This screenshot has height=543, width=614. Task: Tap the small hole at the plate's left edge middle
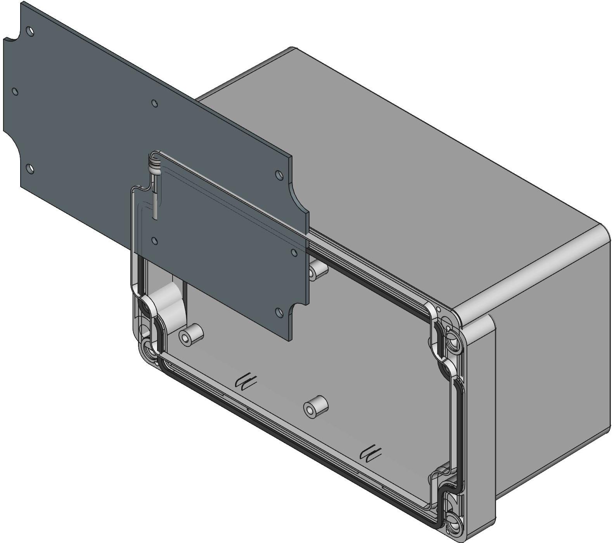pyautogui.click(x=15, y=91)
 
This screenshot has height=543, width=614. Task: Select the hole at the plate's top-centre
pyautogui.click(x=154, y=103)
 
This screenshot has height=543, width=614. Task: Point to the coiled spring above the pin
pyautogui.click(x=154, y=164)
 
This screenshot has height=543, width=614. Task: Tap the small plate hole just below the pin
pyautogui.click(x=154, y=241)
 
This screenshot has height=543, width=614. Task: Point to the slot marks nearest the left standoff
pyautogui.click(x=246, y=381)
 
